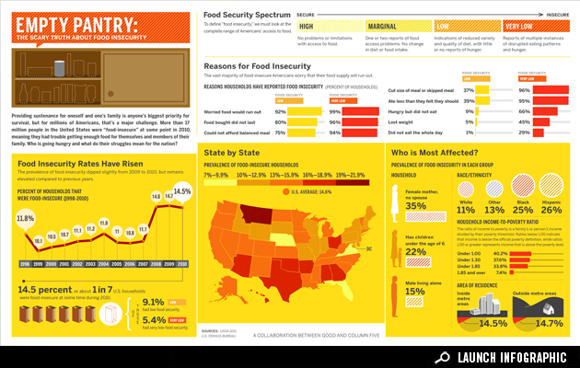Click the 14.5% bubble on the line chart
[x=181, y=191]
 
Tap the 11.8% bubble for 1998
[x=25, y=219]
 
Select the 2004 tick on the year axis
[x=104, y=263]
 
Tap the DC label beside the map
[x=369, y=248]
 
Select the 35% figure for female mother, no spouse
[x=415, y=206]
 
